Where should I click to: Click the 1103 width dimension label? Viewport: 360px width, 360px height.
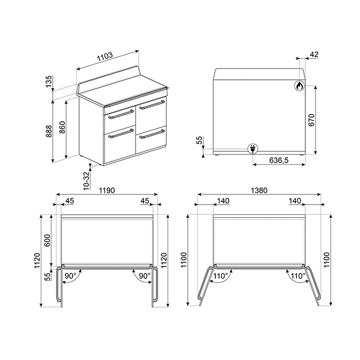pyautogui.click(x=105, y=56)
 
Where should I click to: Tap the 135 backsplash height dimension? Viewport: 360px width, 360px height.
pyautogui.click(x=49, y=81)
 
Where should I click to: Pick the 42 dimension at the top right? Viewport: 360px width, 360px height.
pyautogui.click(x=314, y=55)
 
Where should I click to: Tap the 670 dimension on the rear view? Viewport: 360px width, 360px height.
pyautogui.click(x=311, y=119)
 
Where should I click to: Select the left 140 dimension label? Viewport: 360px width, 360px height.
pyautogui.click(x=223, y=201)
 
